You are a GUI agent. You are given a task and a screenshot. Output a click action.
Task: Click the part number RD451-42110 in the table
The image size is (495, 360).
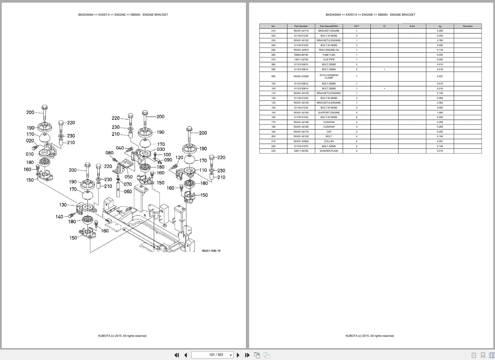[x=301, y=31]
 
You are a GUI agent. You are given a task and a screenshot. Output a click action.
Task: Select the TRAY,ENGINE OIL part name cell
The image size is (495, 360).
[x=329, y=50]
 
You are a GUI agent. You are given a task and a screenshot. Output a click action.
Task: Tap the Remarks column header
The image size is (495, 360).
[x=467, y=26]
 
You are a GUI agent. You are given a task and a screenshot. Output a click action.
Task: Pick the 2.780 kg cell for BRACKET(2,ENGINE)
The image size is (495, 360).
[x=440, y=40]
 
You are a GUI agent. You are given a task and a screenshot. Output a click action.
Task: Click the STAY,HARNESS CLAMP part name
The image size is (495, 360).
[x=329, y=76]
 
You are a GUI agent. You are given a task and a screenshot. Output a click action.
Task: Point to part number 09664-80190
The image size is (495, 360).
[x=301, y=55]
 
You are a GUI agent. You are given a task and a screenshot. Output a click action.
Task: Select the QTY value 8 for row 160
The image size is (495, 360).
[x=357, y=117]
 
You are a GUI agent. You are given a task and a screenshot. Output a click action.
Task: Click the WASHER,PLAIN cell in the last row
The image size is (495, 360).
[x=329, y=151]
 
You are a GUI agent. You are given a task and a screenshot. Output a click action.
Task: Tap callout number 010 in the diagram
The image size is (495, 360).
[x=30, y=154]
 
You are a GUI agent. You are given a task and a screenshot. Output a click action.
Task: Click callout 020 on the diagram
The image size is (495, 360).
[x=30, y=141]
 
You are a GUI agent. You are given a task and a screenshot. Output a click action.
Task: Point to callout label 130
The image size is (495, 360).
[x=63, y=205]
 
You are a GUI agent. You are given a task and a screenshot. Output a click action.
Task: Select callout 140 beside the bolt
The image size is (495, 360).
[x=59, y=217]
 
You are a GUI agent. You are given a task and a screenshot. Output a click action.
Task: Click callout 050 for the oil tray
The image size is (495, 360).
[x=128, y=177]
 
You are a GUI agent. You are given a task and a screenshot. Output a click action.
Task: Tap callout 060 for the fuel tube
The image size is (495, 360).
[x=128, y=191]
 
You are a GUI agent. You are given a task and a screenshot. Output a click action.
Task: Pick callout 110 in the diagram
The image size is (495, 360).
[x=203, y=170]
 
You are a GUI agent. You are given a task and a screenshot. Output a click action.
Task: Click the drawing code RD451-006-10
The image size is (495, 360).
[x=211, y=251]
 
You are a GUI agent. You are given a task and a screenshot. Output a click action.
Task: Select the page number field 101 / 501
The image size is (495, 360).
[x=216, y=355]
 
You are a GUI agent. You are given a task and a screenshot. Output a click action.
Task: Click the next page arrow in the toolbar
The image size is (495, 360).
[x=238, y=355]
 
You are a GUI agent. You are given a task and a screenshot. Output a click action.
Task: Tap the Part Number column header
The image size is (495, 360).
[x=301, y=26]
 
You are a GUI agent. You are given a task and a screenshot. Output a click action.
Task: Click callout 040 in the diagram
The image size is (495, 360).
[x=120, y=148]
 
